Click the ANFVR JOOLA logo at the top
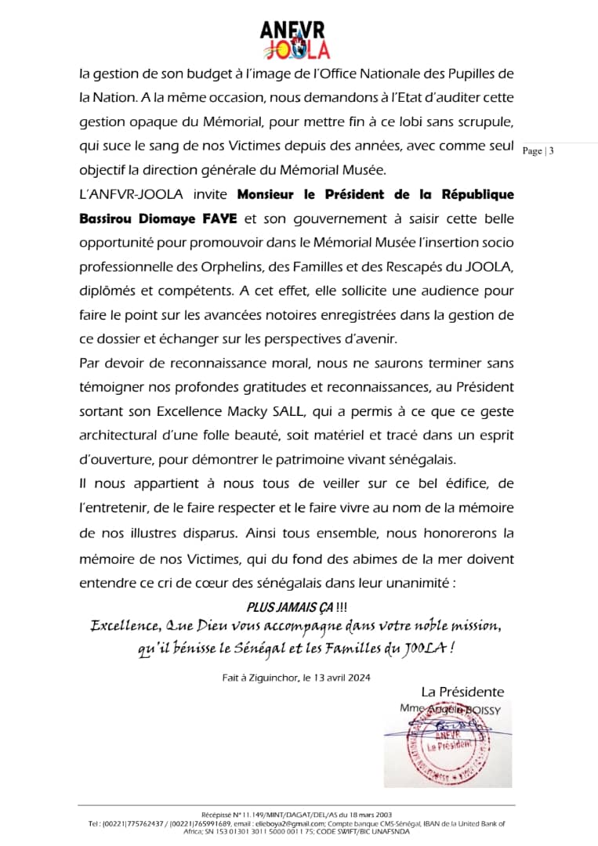tap(295, 39)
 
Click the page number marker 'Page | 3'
tap(538, 151)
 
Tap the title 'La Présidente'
tap(462, 692)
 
